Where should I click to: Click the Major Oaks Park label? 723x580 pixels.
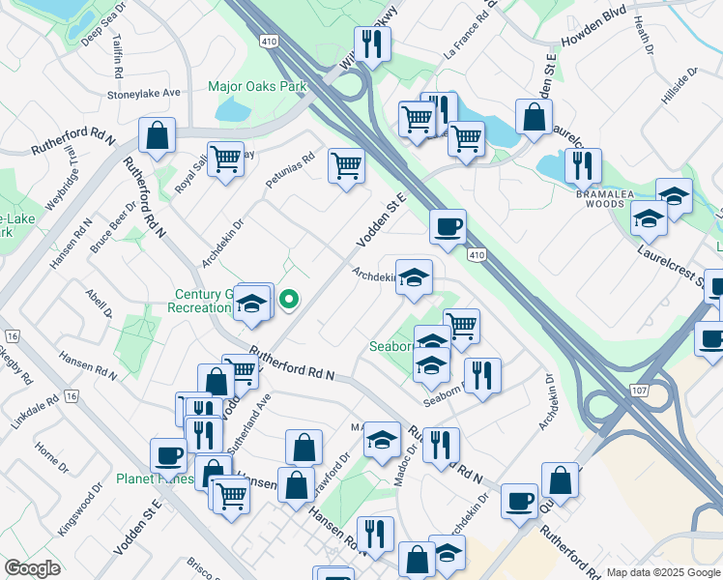tap(257, 86)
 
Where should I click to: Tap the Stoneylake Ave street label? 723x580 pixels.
tap(145, 94)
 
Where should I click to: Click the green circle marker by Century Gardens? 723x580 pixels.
tap(288, 301)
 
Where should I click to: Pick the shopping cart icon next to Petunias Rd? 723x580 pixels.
tap(346, 165)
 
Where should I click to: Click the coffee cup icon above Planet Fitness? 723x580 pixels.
tap(168, 454)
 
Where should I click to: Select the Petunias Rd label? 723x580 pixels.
tap(290, 171)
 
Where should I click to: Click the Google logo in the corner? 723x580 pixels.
tap(33, 568)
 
